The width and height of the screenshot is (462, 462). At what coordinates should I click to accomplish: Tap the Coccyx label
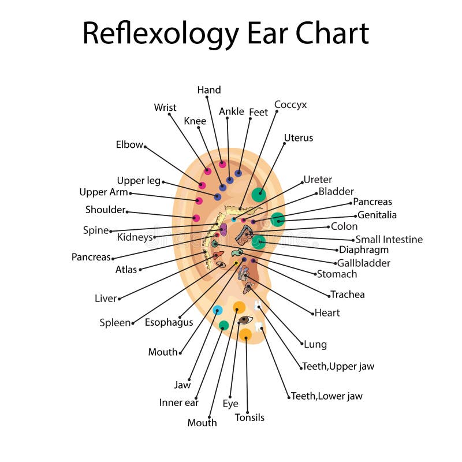[290, 105]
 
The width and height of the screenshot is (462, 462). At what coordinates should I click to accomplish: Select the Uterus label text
[299, 138]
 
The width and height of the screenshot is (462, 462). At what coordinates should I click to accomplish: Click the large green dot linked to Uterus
[259, 195]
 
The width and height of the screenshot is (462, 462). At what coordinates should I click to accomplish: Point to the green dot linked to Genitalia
[278, 219]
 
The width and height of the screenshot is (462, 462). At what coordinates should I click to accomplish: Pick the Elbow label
[129, 145]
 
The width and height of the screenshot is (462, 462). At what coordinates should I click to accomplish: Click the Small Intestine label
[389, 239]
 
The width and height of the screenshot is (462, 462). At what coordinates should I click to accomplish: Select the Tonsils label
[249, 418]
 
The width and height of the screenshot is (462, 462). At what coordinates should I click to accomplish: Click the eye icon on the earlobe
[245, 320]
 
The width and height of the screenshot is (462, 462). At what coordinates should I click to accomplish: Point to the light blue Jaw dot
[217, 310]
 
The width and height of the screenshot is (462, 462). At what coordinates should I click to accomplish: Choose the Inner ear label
[179, 403]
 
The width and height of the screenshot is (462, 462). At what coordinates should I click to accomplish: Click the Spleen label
[115, 323]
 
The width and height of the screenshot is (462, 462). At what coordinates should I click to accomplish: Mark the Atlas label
[126, 269]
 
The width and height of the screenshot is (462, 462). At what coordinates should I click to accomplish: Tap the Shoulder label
[105, 210]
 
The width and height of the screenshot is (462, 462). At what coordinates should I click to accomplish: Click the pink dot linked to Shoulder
[196, 218]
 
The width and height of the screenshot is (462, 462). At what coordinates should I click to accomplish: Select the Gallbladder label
[364, 263]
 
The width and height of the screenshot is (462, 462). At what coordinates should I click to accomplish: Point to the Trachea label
[348, 295]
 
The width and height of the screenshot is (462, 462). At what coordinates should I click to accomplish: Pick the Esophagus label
[169, 322]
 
